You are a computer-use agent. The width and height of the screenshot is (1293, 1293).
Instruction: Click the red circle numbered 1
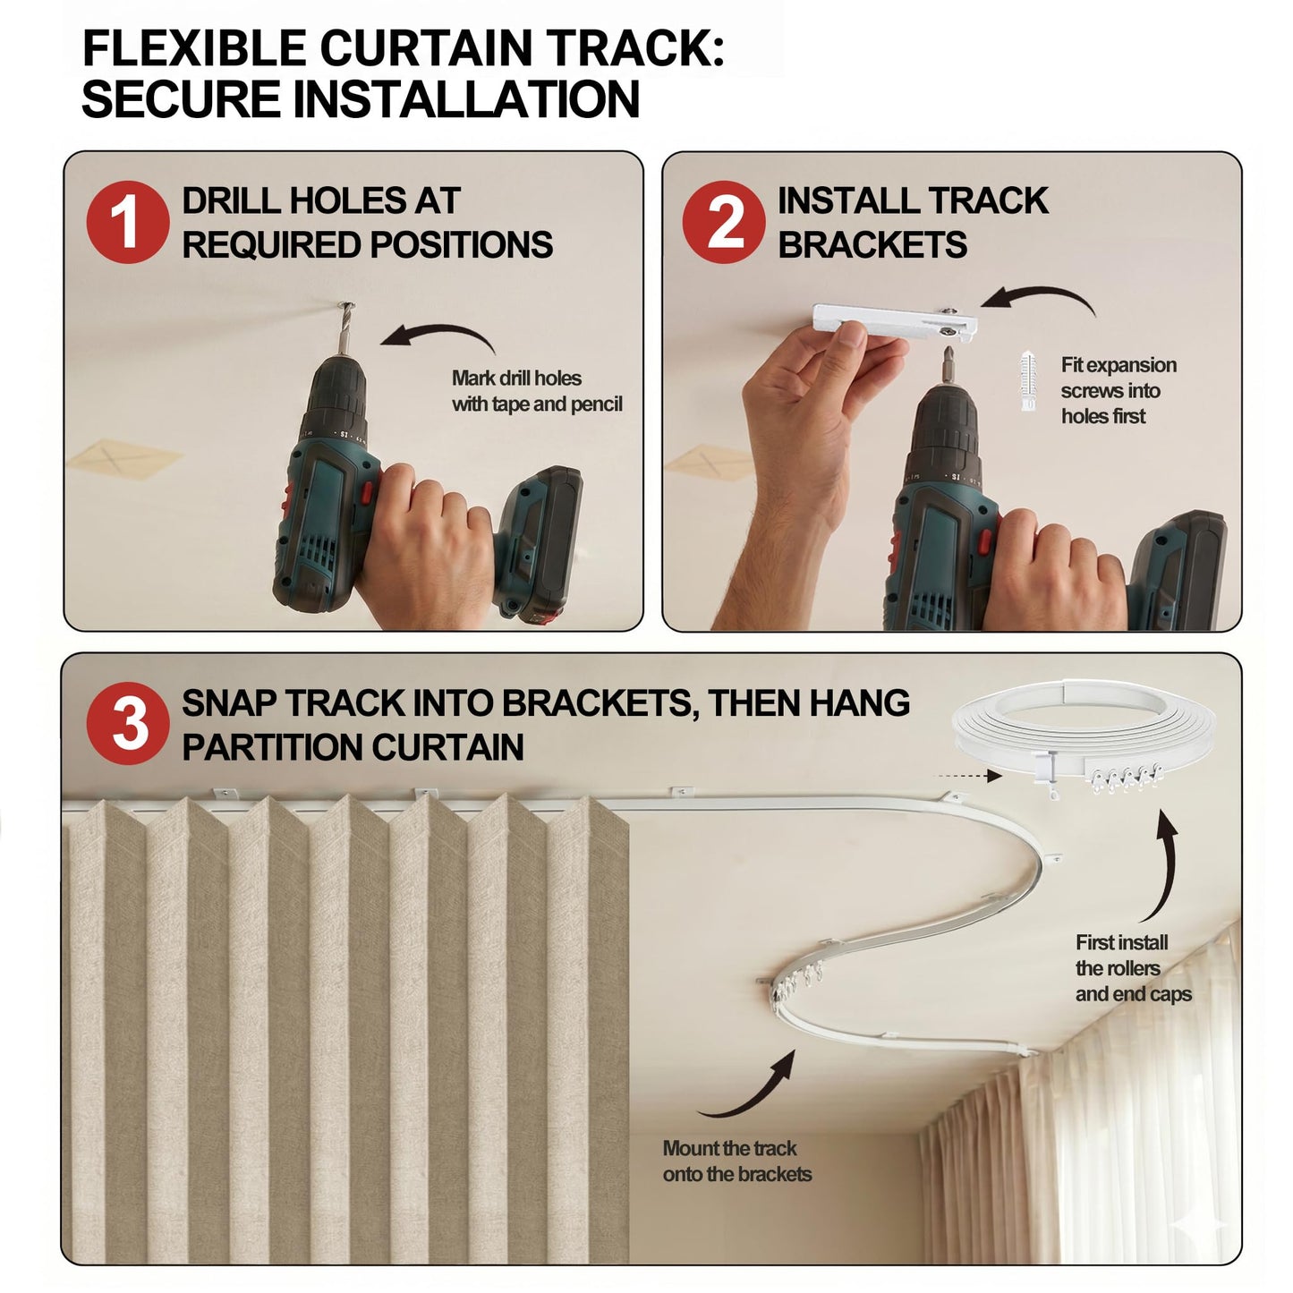coord(127,222)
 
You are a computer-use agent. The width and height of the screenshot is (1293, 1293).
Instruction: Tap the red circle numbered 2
coord(724,222)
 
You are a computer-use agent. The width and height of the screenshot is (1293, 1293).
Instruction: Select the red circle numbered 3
coord(127,724)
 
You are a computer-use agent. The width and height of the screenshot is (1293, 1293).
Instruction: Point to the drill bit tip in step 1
coord(347,306)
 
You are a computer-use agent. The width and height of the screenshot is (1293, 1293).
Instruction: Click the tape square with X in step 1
coord(124,458)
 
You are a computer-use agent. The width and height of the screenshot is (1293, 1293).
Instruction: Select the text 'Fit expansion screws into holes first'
coord(1119,390)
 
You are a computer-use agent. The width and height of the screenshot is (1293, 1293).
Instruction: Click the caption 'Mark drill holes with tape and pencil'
coord(537,391)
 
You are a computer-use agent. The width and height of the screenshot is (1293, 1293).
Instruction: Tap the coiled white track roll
coord(1082,736)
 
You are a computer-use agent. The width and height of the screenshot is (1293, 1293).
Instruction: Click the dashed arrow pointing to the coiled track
coord(967,777)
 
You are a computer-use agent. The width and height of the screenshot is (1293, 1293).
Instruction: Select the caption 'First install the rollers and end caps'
coord(1134,968)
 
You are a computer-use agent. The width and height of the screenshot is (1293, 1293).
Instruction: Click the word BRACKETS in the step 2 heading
coord(872,244)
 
